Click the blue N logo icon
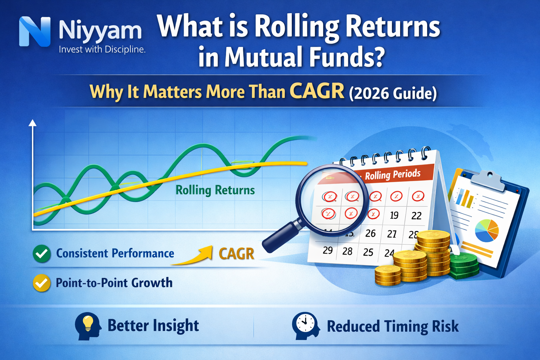(x=34, y=32)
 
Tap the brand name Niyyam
(x=100, y=31)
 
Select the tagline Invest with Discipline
(x=102, y=50)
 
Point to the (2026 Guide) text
(x=393, y=94)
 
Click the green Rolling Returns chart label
(x=215, y=190)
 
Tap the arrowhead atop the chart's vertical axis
(x=33, y=123)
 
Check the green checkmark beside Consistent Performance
(x=41, y=253)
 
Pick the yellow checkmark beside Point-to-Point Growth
(x=41, y=283)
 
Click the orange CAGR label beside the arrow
(x=236, y=253)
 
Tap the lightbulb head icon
(x=88, y=326)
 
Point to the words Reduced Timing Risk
(x=393, y=326)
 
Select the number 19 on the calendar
(x=394, y=215)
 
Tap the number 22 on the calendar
(x=416, y=216)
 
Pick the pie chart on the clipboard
(x=487, y=230)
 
